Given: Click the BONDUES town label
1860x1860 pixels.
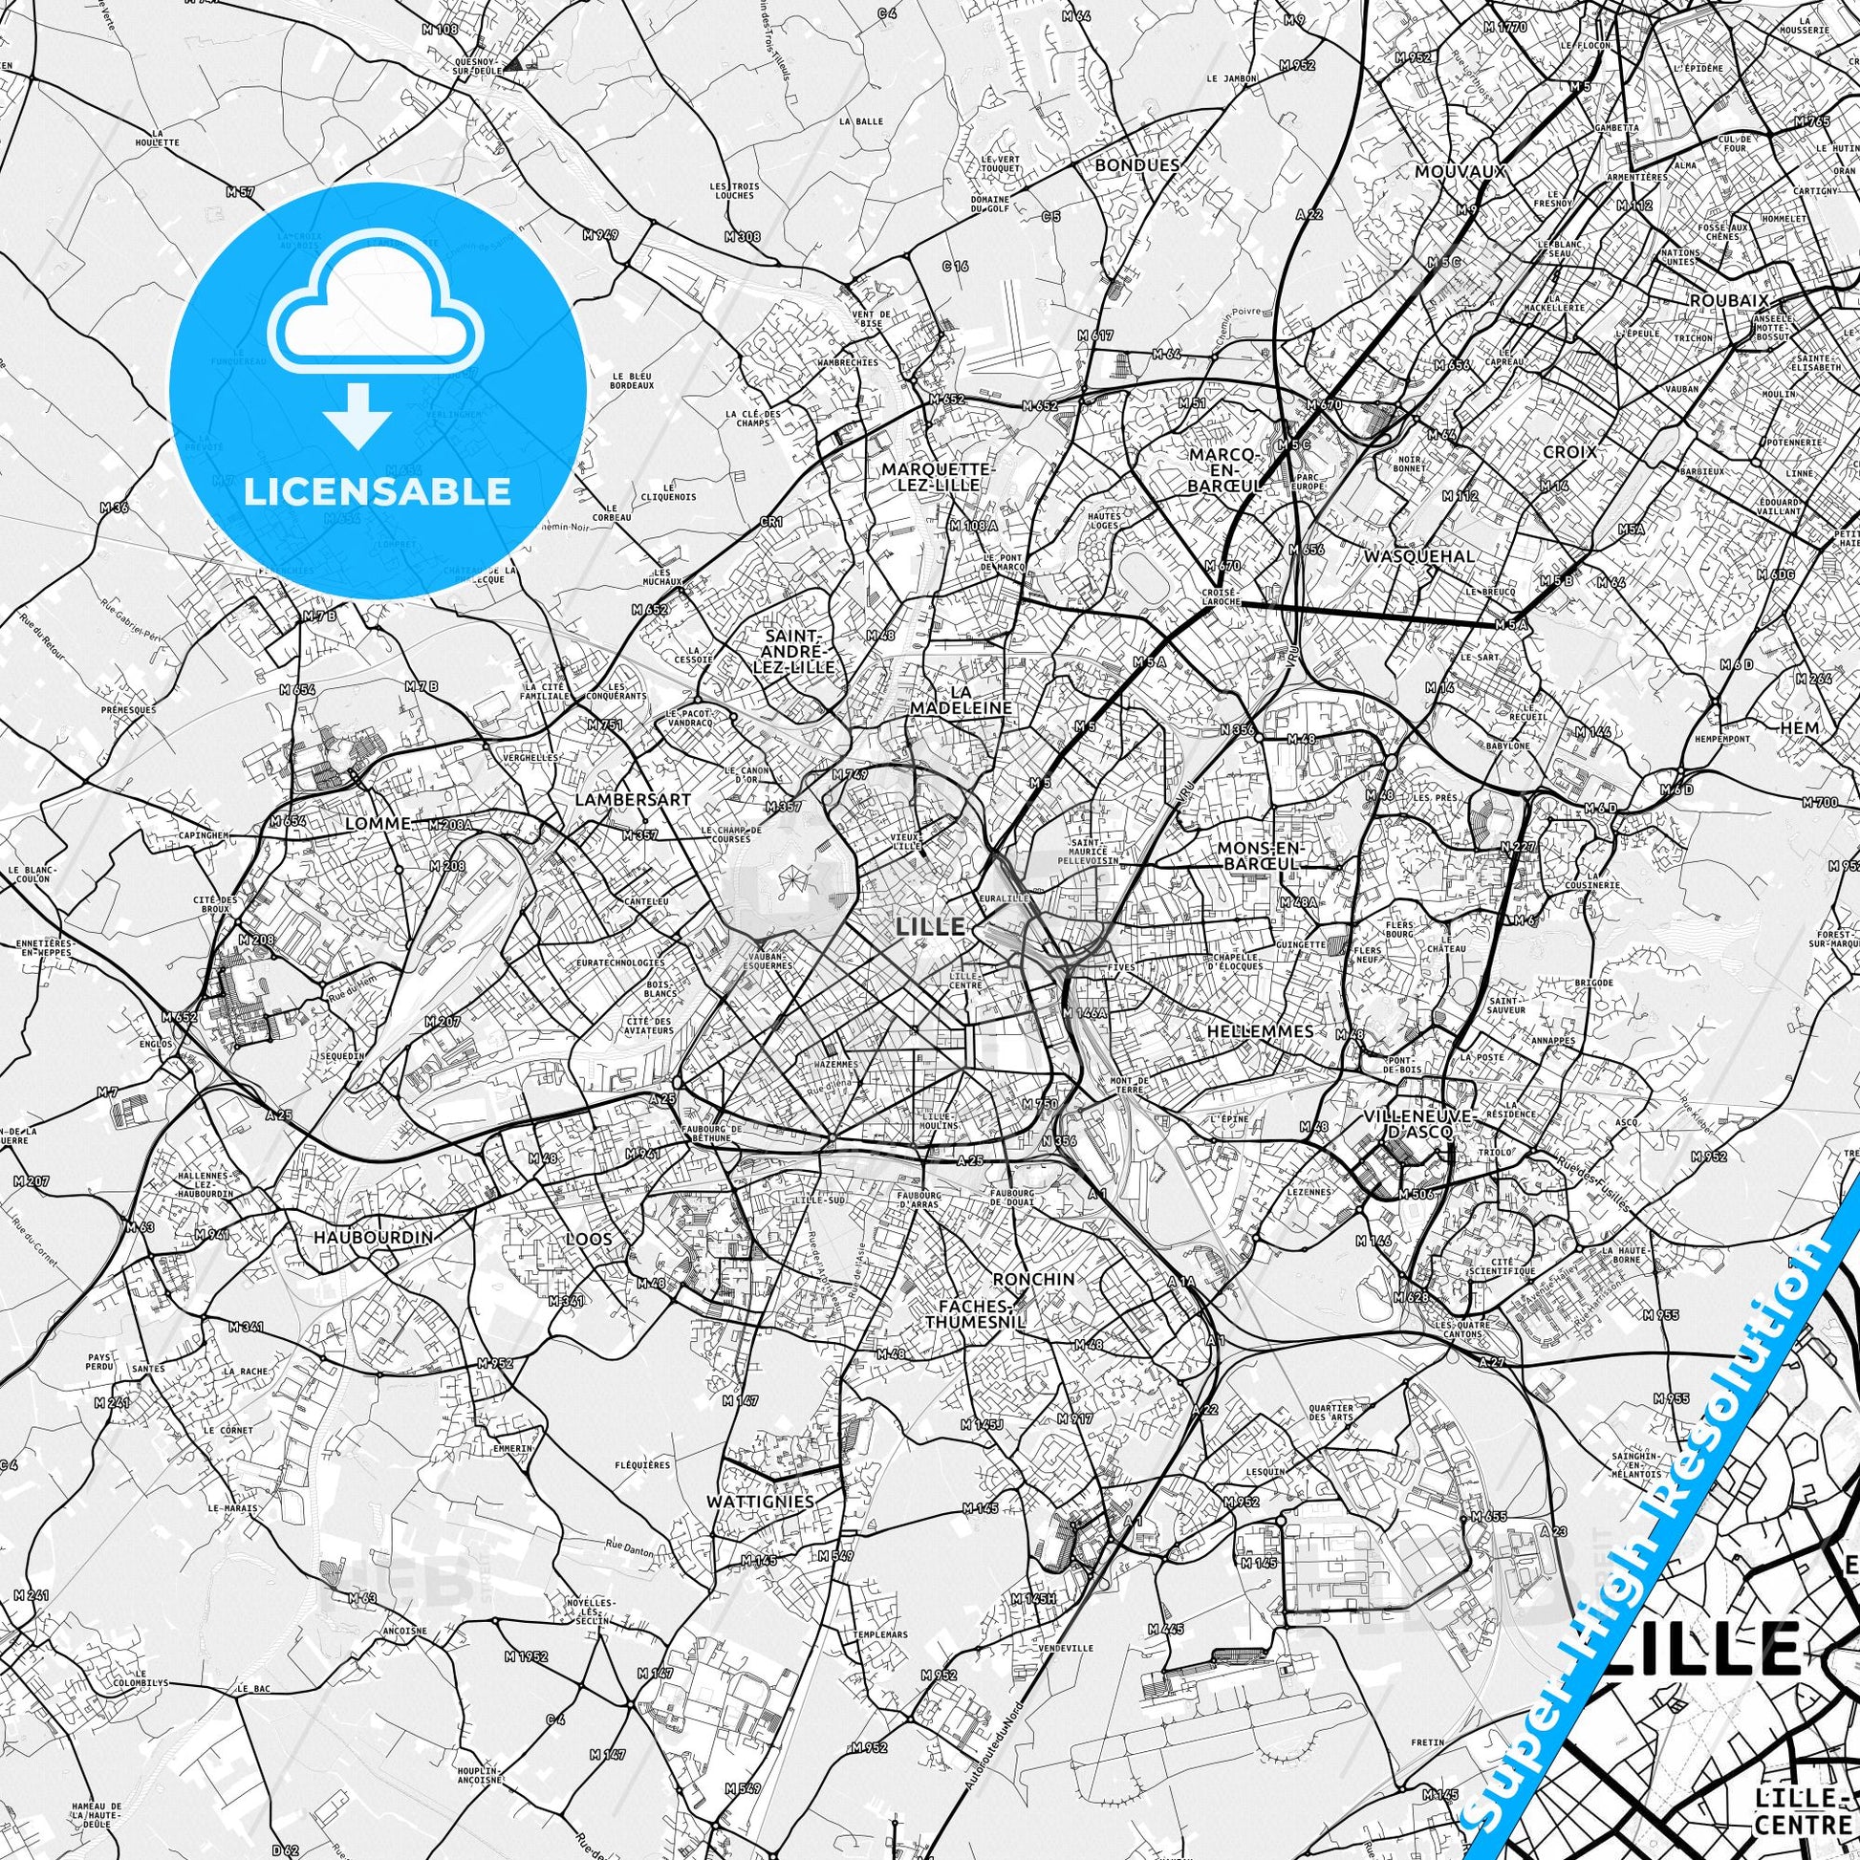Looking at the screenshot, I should pyautogui.click(x=1136, y=164).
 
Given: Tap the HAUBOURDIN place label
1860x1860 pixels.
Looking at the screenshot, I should pyautogui.click(x=372, y=1237).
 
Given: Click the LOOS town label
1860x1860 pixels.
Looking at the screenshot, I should pyautogui.click(x=588, y=1239).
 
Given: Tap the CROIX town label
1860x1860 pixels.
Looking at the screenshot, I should pyautogui.click(x=1569, y=450).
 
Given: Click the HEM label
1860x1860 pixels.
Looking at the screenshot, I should pyautogui.click(x=1800, y=727).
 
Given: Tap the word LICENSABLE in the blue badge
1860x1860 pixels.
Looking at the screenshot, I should pyautogui.click(x=378, y=491).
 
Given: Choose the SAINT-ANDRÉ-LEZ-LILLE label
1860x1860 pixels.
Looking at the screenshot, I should pyautogui.click(x=798, y=652).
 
